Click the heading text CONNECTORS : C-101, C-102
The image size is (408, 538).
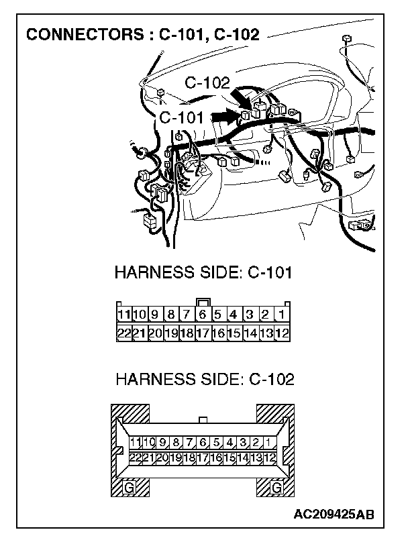(x=142, y=34)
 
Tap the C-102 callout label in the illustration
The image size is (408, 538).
(x=207, y=83)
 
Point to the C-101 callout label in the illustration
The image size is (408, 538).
(x=181, y=117)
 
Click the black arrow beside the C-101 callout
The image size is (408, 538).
(x=226, y=115)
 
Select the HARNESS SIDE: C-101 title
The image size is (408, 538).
(x=204, y=273)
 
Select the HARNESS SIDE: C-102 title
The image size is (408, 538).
(x=204, y=380)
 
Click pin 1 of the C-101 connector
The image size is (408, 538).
(x=282, y=314)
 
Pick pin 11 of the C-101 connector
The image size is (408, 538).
(x=123, y=314)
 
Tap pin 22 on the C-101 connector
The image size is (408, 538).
(x=123, y=332)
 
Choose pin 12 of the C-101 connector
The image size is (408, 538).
(x=282, y=332)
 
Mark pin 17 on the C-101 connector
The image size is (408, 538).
(x=203, y=332)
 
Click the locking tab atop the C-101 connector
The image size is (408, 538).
(x=203, y=302)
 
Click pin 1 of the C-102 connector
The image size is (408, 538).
(x=268, y=442)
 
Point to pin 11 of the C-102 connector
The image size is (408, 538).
(x=136, y=442)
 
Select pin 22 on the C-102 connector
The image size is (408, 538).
(x=136, y=458)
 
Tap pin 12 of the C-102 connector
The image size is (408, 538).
(x=268, y=458)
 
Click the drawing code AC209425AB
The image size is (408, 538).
(x=334, y=515)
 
